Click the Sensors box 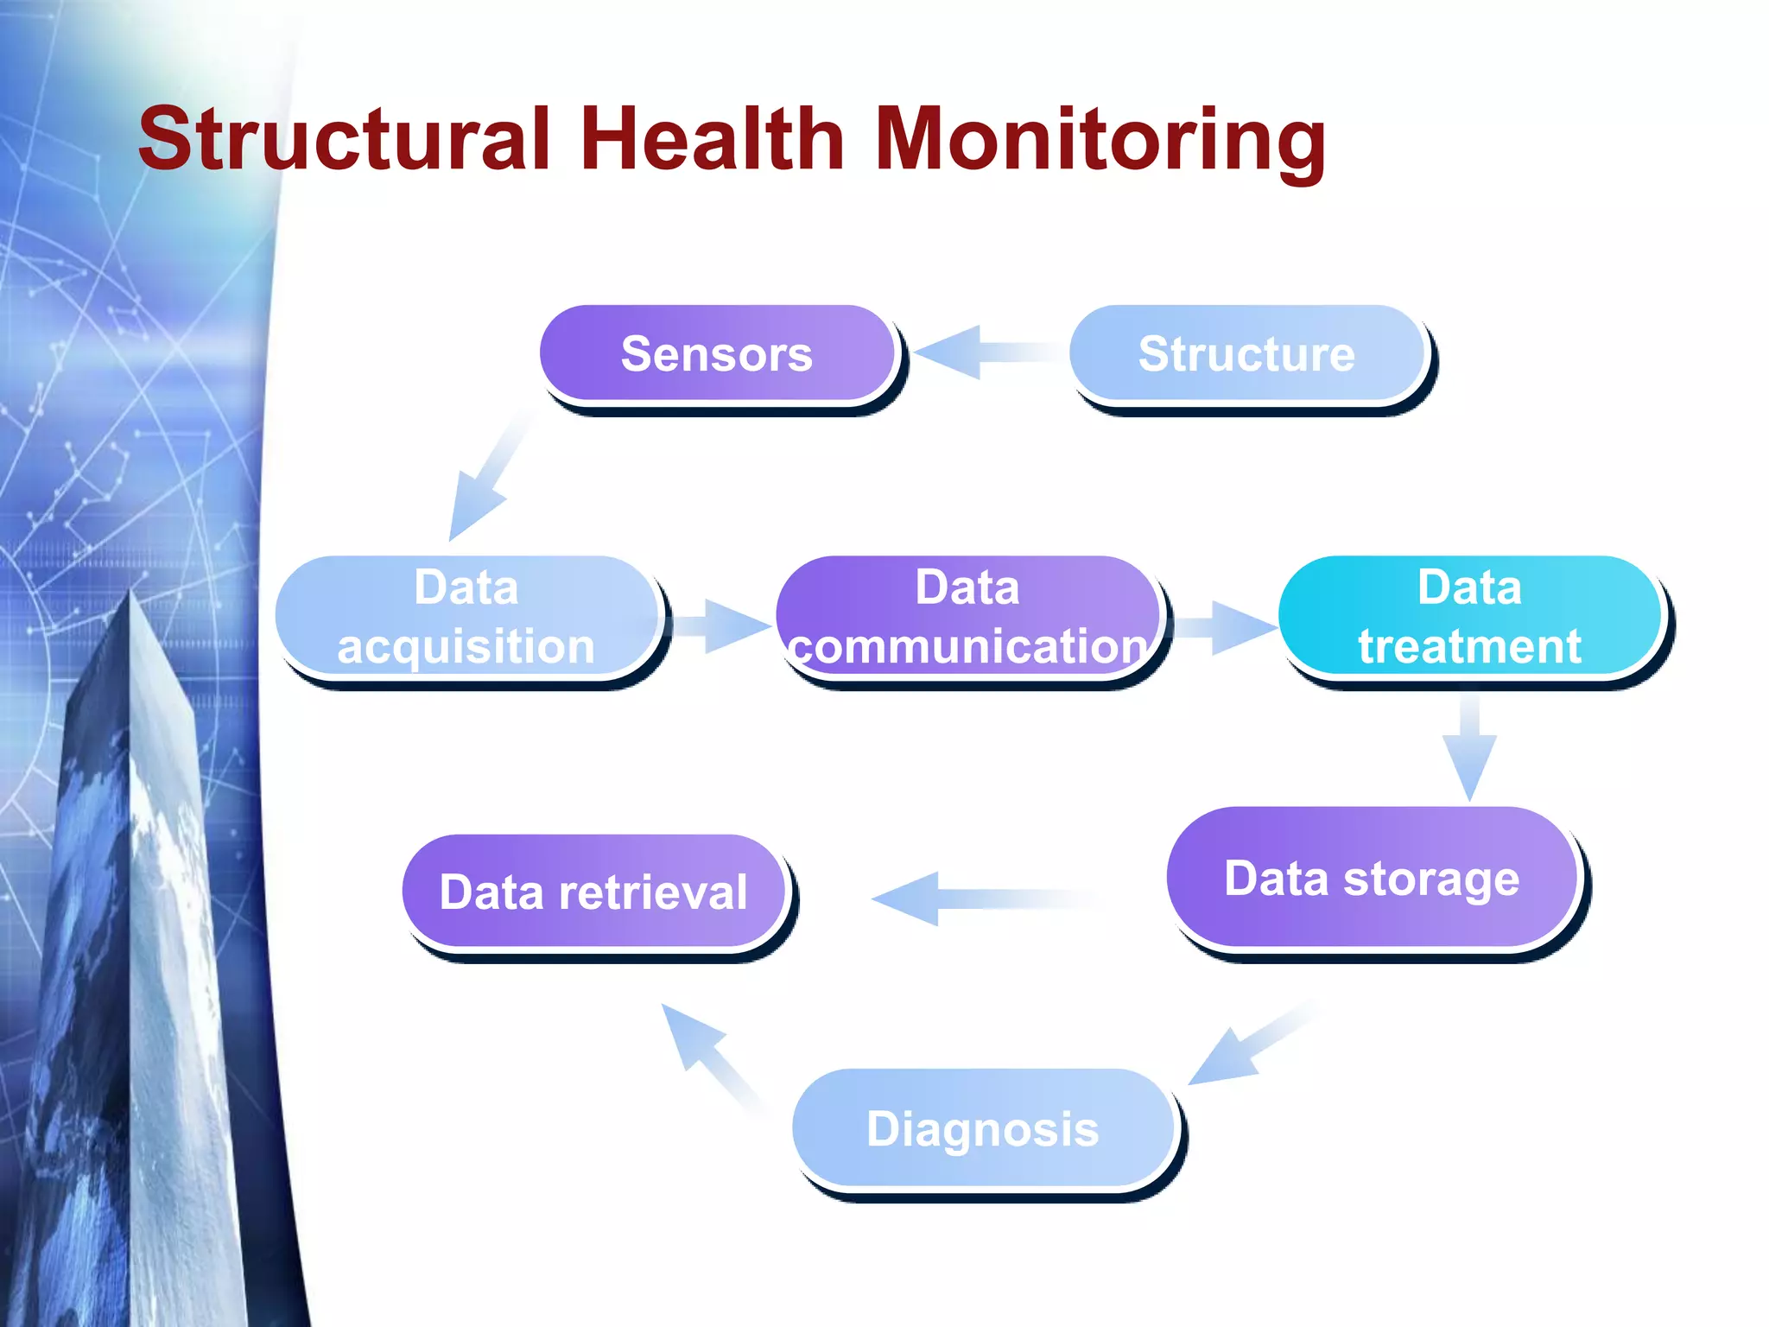click(717, 353)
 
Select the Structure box click(1246, 353)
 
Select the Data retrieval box click(593, 892)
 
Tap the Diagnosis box click(983, 1128)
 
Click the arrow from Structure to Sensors click(976, 352)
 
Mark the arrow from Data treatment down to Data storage click(1469, 747)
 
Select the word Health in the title click(713, 139)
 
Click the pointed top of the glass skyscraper click(131, 596)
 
